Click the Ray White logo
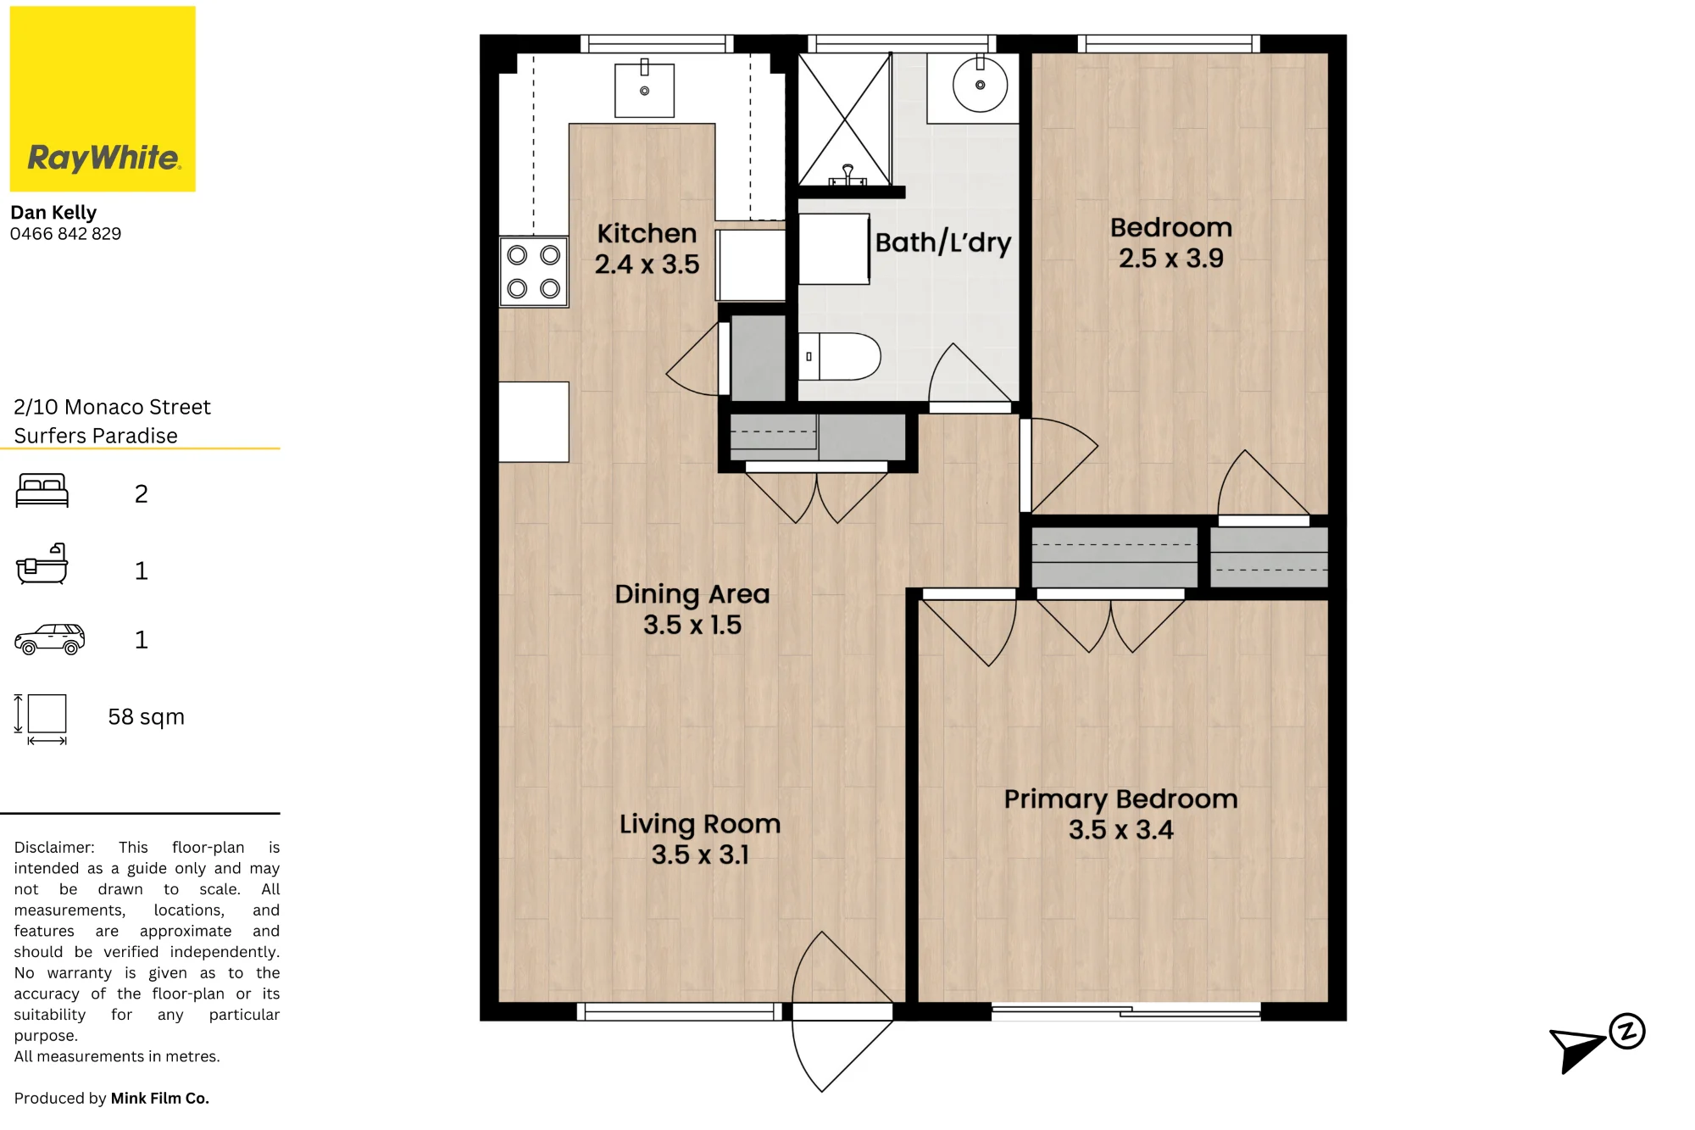click(103, 98)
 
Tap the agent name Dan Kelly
click(53, 212)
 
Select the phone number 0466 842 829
click(65, 234)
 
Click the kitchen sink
click(644, 89)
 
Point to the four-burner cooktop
click(533, 271)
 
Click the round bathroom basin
click(980, 85)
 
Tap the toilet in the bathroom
click(839, 356)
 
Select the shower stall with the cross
click(845, 119)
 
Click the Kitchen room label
click(647, 233)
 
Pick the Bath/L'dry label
click(943, 242)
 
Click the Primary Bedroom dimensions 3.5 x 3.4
click(1120, 830)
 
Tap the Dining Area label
click(692, 594)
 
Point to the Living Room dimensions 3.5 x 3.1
click(699, 854)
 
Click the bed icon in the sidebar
click(42, 490)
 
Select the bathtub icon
click(42, 564)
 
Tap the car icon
click(50, 639)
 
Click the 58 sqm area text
click(146, 717)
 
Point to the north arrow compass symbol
click(1596, 1044)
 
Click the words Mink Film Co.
click(159, 1098)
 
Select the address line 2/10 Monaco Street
click(112, 407)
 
